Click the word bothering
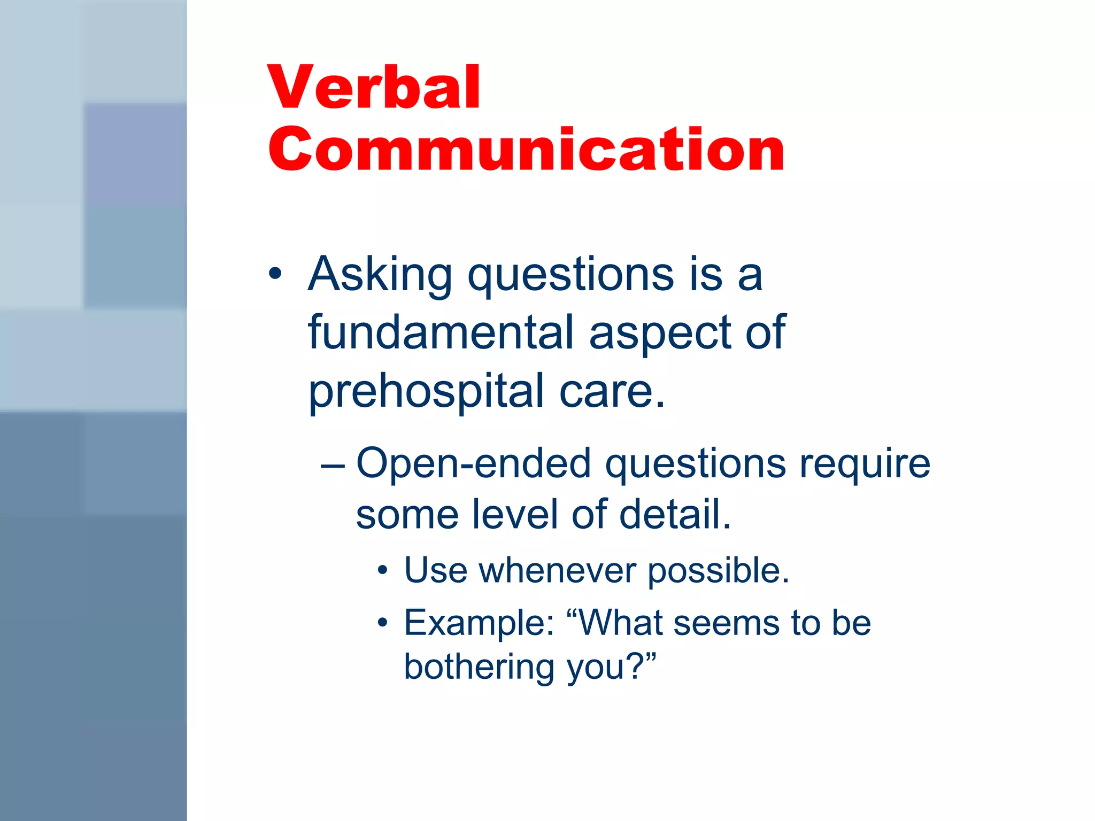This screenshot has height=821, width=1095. tap(479, 667)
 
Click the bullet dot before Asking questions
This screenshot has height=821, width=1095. tap(275, 274)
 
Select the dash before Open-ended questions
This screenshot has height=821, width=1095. tap(332, 464)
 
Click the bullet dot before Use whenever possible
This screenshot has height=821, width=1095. tap(382, 570)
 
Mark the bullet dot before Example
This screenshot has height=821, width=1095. tap(382, 623)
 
